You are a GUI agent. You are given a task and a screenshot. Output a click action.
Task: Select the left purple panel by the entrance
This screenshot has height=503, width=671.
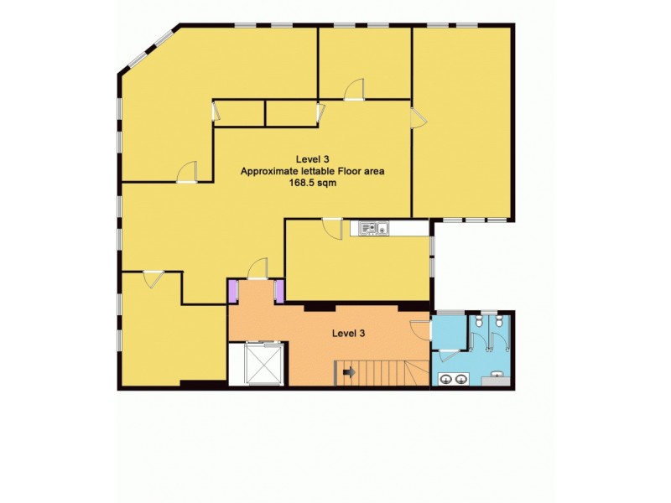tap(233, 291)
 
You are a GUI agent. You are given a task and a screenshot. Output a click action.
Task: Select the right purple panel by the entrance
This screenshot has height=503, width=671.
tap(280, 291)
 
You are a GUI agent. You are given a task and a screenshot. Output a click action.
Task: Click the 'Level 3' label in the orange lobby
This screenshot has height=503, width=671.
tap(348, 333)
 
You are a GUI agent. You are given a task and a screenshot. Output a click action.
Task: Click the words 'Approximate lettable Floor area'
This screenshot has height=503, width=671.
tap(313, 171)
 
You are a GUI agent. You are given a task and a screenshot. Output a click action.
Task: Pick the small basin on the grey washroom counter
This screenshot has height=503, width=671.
tap(498, 376)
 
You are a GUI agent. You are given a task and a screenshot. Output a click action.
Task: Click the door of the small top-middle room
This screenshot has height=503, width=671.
tap(357, 89)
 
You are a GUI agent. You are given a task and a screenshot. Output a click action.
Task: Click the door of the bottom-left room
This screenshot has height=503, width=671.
tap(151, 279)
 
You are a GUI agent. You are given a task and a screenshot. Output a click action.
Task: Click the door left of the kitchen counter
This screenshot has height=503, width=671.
tap(333, 227)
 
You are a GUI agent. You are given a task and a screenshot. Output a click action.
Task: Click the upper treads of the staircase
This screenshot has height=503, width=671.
tap(386, 370)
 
